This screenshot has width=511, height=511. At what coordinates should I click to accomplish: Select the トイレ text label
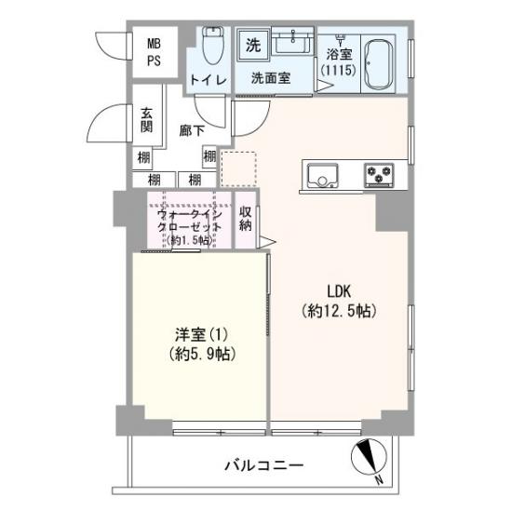[x=208, y=79]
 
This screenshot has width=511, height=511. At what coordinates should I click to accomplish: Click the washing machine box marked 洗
[x=253, y=44]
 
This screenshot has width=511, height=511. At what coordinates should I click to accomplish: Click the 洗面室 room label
[x=272, y=79]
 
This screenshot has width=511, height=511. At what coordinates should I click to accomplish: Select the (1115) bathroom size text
[x=338, y=70]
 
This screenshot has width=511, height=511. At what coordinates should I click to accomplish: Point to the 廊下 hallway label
[x=192, y=130]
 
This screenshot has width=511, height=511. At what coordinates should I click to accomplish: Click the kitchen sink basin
[x=322, y=173]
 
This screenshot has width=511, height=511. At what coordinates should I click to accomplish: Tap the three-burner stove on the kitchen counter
[x=380, y=173]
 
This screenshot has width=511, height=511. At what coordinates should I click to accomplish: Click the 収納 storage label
[x=245, y=218]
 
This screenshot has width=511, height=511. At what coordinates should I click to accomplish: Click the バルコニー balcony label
[x=263, y=464]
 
